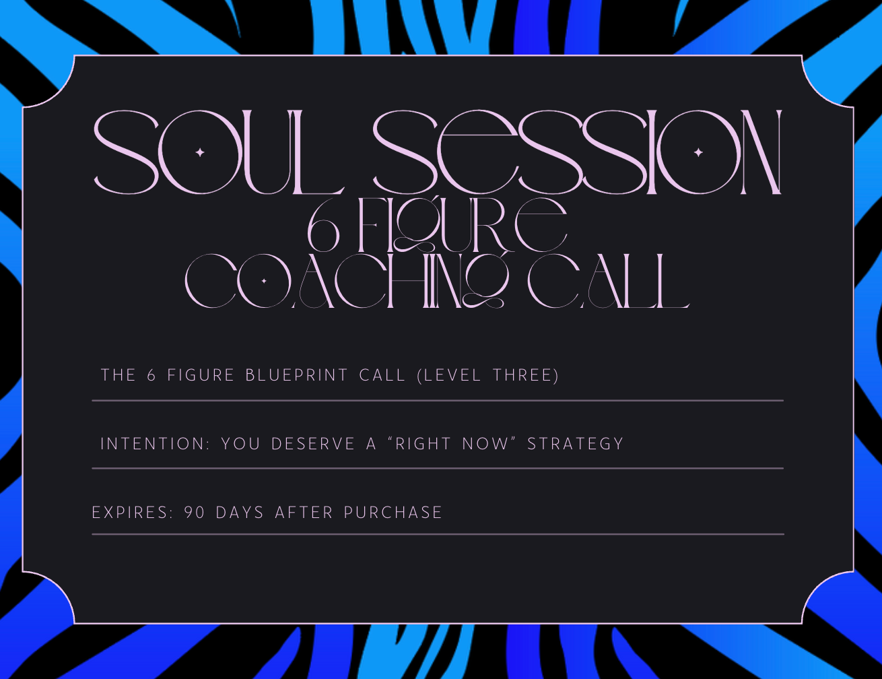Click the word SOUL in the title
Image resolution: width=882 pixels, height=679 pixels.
click(x=219, y=152)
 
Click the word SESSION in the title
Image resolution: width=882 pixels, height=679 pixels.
click(x=577, y=152)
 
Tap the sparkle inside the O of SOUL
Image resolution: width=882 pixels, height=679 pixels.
click(x=200, y=152)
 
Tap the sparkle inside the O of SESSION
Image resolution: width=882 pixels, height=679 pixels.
click(x=698, y=152)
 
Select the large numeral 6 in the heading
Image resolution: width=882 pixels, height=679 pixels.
click(x=323, y=226)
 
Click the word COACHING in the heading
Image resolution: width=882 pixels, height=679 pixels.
click(x=347, y=281)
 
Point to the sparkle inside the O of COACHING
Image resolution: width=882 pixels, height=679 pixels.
click(x=264, y=281)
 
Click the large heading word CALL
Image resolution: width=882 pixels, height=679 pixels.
click(x=609, y=281)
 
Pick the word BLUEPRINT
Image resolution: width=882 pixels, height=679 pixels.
click(x=297, y=375)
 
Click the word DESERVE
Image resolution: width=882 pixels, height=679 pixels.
click(x=313, y=443)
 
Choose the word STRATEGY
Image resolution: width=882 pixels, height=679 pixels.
click(x=575, y=443)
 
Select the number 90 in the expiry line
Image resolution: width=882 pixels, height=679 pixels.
click(x=195, y=512)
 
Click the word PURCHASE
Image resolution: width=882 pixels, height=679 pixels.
click(x=393, y=512)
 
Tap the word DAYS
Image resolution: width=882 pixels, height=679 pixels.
click(x=240, y=512)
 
